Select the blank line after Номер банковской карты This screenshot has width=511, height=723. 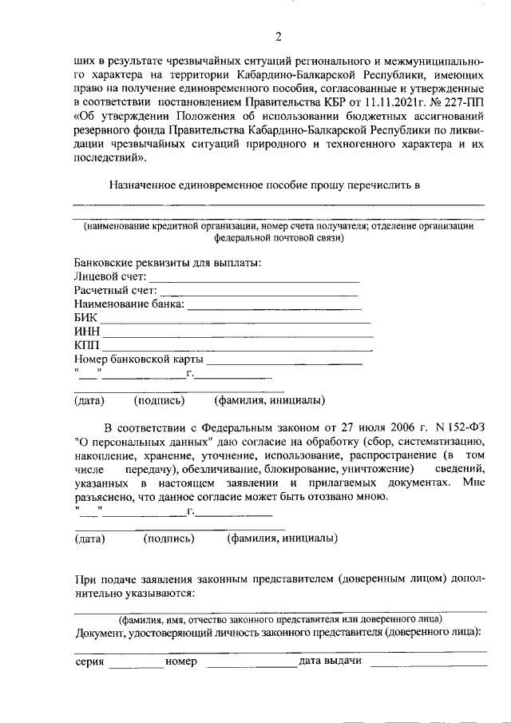tap(283, 363)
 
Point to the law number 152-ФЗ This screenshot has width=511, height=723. tap(464, 427)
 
